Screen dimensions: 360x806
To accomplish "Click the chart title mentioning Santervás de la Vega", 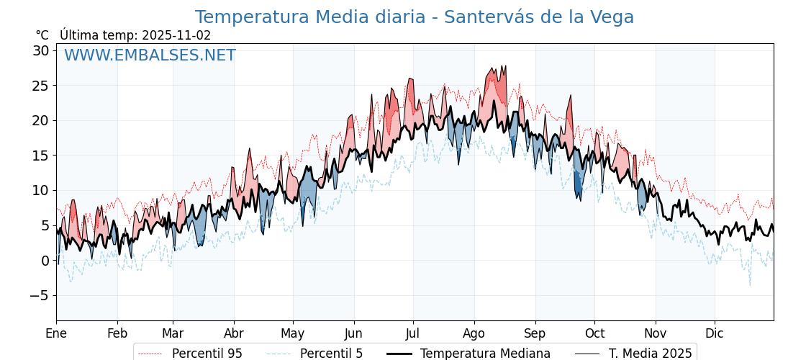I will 414,17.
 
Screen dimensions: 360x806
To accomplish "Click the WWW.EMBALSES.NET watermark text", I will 150,55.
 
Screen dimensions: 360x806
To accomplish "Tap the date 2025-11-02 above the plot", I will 176,35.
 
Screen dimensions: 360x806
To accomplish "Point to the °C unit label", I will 42,35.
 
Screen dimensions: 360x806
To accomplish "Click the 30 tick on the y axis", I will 40,50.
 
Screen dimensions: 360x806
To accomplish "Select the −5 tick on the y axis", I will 38,295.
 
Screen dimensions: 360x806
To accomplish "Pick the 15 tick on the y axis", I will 40,156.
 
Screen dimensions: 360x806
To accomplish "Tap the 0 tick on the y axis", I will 45,261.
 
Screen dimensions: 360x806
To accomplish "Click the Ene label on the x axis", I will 56,333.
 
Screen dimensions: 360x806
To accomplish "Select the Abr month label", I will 234,333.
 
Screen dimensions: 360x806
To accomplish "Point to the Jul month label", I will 413,333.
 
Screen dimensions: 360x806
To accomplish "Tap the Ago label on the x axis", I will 474,333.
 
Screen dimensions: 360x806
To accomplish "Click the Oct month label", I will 594,333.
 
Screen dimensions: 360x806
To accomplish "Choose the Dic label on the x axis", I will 715,333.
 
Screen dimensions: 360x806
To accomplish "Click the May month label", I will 293,333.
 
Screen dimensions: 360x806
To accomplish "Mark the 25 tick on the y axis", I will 40,86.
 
